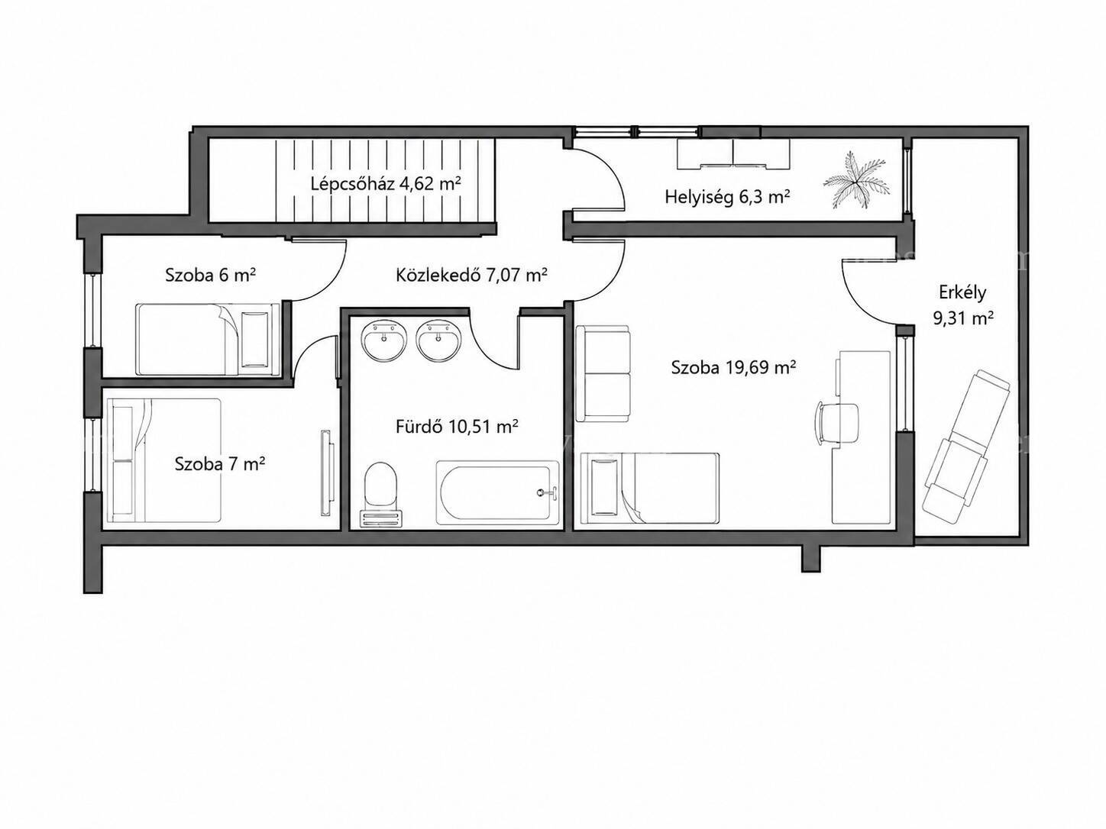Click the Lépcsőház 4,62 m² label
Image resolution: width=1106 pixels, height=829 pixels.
coord(386,184)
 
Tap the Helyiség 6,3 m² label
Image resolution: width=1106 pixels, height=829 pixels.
coord(727,197)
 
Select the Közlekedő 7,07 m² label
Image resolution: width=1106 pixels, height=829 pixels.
coord(471,276)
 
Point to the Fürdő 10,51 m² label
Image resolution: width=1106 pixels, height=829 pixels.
coord(457,427)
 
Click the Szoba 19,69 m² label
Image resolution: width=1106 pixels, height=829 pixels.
coord(733,368)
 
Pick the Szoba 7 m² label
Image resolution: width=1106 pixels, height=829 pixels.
coord(220,463)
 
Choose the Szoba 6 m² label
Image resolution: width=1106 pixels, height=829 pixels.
coord(211,276)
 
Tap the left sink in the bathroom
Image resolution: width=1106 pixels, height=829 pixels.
coord(384,340)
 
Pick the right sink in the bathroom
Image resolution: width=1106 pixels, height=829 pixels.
coord(438,340)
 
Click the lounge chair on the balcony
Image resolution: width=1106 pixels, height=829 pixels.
coord(966,447)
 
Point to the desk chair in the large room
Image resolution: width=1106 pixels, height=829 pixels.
coord(836,422)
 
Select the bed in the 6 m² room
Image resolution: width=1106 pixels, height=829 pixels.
coord(208,339)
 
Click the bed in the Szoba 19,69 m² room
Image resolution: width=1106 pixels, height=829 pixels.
coord(649,489)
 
